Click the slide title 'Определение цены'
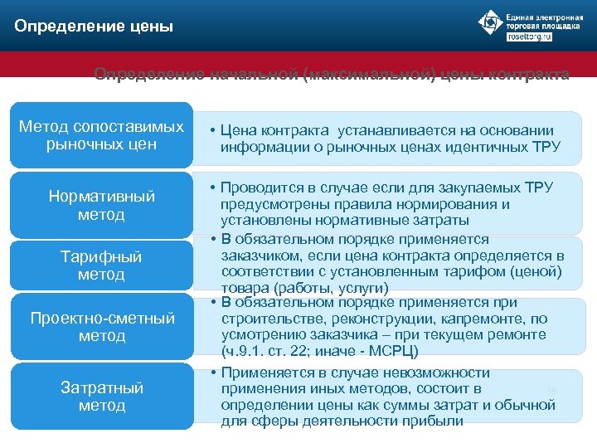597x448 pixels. [94, 27]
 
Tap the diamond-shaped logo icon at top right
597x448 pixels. [492, 22]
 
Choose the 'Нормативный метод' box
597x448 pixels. [101, 206]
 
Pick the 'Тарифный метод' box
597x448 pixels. [101, 265]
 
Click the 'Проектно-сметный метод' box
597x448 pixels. [101, 327]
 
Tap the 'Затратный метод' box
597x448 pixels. [101, 397]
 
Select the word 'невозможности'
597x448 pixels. [434, 373]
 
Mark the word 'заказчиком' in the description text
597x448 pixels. [260, 255]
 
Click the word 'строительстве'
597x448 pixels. [268, 318]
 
